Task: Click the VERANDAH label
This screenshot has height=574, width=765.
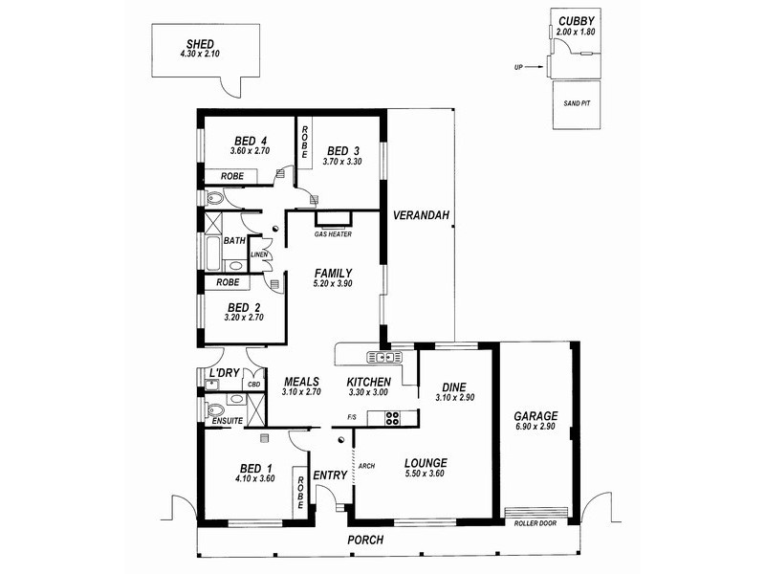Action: tap(421, 214)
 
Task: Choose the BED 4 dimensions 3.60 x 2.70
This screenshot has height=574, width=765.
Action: tap(251, 151)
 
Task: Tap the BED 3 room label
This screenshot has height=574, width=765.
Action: tap(342, 150)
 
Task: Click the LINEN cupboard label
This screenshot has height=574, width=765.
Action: tap(259, 254)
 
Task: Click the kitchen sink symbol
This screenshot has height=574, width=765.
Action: tap(382, 358)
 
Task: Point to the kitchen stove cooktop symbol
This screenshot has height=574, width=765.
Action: tap(391, 416)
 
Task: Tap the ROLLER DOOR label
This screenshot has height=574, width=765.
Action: tap(535, 524)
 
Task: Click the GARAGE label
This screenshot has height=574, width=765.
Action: tap(535, 416)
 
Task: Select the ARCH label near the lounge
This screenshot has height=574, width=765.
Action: tap(364, 467)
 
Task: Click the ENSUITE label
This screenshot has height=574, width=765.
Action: tap(227, 420)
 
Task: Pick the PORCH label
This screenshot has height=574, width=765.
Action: tap(366, 541)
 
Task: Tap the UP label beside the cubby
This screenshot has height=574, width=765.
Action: tap(518, 68)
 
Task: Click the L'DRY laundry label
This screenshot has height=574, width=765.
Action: tap(223, 372)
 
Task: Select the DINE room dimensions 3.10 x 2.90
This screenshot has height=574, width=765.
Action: tap(455, 397)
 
